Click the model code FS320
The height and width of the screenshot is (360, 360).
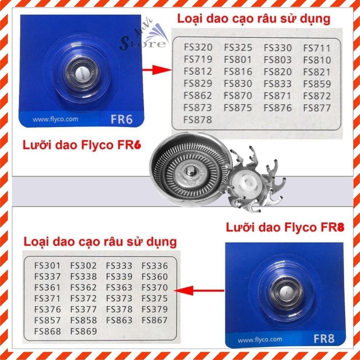point(198,48)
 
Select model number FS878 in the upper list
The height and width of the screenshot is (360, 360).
point(198,120)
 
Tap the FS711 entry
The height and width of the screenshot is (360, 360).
point(317,48)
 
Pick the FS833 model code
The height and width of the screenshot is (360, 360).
point(277,84)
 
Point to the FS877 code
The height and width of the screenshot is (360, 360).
point(317,108)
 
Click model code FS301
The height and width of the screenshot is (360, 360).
point(48,266)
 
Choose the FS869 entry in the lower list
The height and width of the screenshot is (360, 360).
point(84,331)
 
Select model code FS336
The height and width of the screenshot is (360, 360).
point(155,266)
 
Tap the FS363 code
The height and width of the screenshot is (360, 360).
point(119,288)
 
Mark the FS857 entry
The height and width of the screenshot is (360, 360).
point(48,320)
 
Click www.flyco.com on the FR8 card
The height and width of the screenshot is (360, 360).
point(255,339)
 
